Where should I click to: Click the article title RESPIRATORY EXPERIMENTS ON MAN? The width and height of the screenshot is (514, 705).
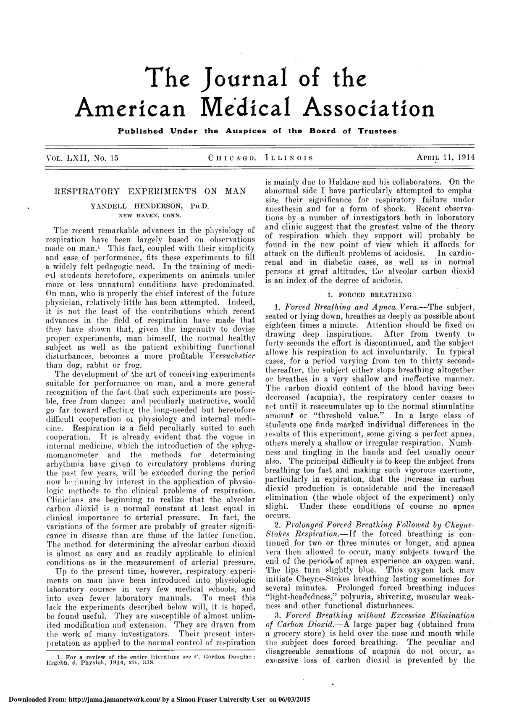pyautogui.click(x=150, y=191)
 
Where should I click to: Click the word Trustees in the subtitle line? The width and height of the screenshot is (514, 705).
pyautogui.click(x=377, y=131)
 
